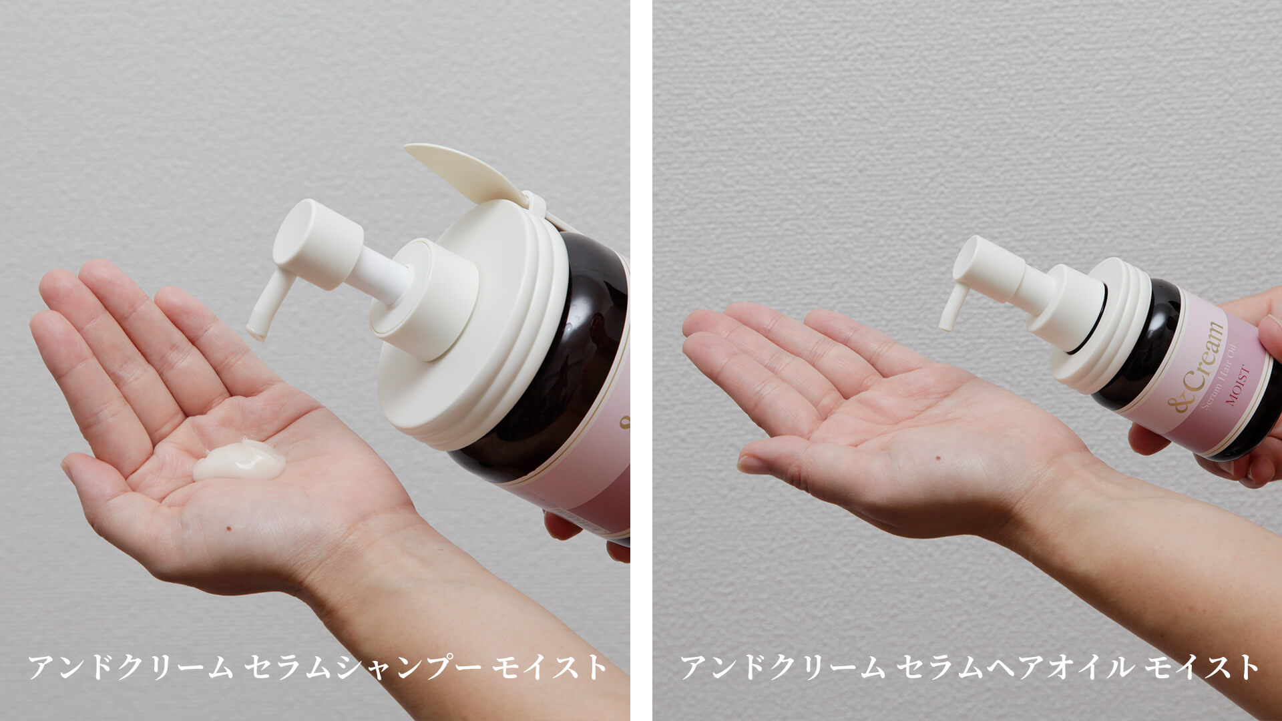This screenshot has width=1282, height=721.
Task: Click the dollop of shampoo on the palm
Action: (x=239, y=461)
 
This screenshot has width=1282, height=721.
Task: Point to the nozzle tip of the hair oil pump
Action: (x=946, y=323)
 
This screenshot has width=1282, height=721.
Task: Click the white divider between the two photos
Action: (x=641, y=360)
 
